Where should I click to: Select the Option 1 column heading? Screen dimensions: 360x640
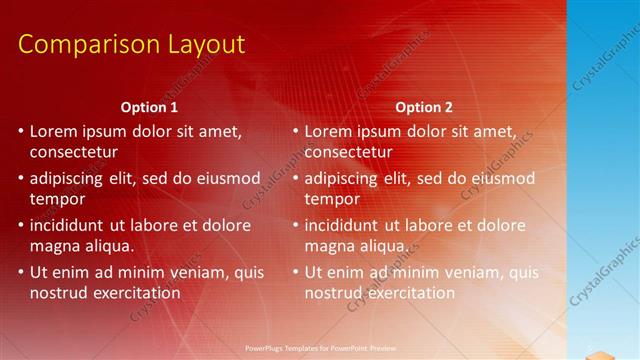(x=149, y=106)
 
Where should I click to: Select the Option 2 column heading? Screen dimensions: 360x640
(x=423, y=106)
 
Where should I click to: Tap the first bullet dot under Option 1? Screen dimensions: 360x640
(x=22, y=131)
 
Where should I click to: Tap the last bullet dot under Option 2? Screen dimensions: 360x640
(x=296, y=272)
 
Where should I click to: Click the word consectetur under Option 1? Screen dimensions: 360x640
(x=74, y=152)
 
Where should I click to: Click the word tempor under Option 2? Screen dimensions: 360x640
(x=330, y=199)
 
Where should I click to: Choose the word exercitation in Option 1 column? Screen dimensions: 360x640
(x=135, y=293)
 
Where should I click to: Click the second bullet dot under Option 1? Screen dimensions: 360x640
(x=22, y=178)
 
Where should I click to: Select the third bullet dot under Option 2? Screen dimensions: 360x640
(x=296, y=225)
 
